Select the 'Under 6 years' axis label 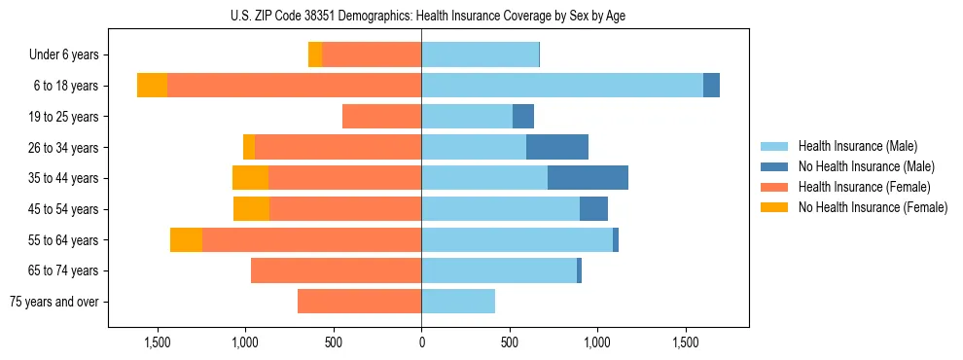click(70, 55)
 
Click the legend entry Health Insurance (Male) click(857, 146)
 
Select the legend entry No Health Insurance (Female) click(873, 207)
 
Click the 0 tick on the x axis click(421, 342)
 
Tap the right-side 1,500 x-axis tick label click(685, 342)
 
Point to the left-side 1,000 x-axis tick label click(245, 342)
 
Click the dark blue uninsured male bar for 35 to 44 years click(588, 178)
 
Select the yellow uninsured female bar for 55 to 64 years click(186, 240)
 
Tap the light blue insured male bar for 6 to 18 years click(562, 86)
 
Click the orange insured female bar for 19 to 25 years click(381, 117)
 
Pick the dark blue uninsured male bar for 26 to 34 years click(557, 147)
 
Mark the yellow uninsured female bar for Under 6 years click(315, 55)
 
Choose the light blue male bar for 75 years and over click(458, 302)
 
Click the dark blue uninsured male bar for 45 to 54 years click(593, 209)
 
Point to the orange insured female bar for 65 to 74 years click(336, 270)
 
